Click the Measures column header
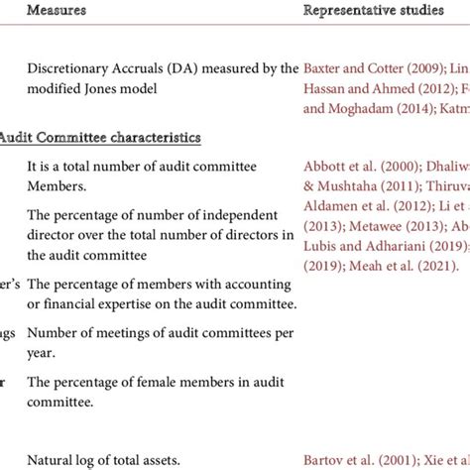(x=56, y=11)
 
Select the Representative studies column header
(x=373, y=11)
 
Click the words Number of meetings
(x=83, y=332)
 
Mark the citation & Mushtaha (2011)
(x=349, y=185)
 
